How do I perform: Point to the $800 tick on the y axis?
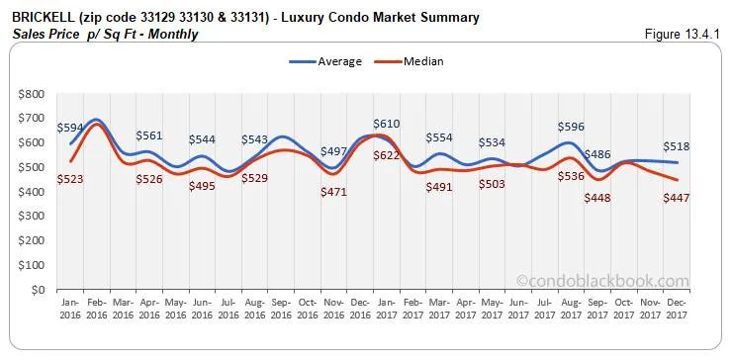(30, 94)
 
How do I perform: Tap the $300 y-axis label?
(30, 217)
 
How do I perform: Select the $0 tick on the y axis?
(38, 290)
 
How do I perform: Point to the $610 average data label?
(387, 124)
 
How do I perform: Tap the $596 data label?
(572, 127)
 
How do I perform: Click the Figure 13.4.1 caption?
(682, 35)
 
